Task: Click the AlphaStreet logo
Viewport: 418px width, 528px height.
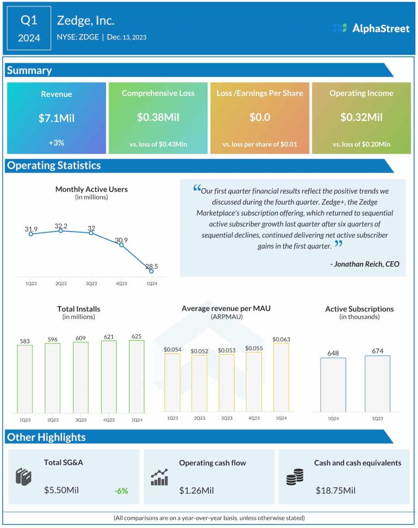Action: tap(371, 28)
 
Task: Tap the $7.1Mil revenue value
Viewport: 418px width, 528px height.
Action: tap(56, 118)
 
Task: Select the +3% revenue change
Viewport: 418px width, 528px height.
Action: tap(56, 143)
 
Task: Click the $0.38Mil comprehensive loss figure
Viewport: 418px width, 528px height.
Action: tap(158, 117)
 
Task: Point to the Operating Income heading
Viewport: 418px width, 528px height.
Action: tap(361, 93)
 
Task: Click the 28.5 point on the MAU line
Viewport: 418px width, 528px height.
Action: tap(151, 271)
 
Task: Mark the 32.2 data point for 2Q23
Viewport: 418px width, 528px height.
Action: tap(60, 231)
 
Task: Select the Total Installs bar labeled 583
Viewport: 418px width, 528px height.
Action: tap(25, 378)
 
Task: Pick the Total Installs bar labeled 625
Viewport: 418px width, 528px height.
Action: tap(137, 376)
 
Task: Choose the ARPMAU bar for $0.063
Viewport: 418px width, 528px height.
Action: tap(281, 377)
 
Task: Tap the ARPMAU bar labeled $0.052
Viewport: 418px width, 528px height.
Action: tap(199, 383)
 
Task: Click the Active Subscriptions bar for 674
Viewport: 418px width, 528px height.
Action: tap(377, 383)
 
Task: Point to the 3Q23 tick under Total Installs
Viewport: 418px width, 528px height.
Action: tap(81, 420)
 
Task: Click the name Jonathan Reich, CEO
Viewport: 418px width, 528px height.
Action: tap(364, 264)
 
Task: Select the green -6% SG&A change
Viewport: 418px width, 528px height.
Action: tap(121, 490)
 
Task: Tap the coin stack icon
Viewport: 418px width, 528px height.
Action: tap(294, 477)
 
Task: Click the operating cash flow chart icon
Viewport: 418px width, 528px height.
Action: tap(159, 477)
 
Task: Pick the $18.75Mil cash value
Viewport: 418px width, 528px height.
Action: tap(335, 490)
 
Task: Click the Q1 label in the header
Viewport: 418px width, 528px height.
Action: tap(29, 20)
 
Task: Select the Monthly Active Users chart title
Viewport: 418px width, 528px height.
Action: tap(91, 189)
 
